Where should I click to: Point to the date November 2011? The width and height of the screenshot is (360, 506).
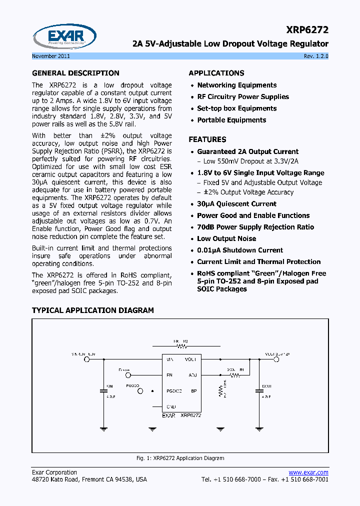50,56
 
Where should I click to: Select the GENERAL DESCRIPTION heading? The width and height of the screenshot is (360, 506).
75,73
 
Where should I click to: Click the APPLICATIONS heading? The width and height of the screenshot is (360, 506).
216,73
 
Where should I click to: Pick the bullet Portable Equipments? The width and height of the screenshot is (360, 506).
231,120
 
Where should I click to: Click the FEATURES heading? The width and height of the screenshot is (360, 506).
207,139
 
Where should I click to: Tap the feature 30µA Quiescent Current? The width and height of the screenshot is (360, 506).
236,204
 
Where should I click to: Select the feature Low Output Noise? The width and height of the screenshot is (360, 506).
226,238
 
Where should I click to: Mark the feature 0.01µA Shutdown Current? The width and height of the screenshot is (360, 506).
240,250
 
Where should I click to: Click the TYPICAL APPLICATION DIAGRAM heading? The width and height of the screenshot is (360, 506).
93,310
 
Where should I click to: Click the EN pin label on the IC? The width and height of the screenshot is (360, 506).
169,374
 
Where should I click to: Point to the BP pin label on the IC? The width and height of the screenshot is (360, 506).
193,391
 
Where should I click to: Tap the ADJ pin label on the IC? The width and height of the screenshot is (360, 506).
192,374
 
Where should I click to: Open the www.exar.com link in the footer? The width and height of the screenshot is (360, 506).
308,472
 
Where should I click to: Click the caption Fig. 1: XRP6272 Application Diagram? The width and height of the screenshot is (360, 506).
180,458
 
